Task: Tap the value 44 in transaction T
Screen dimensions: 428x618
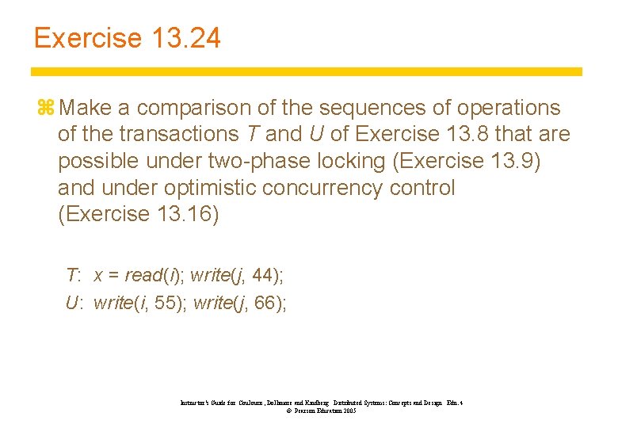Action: pyautogui.click(x=265, y=276)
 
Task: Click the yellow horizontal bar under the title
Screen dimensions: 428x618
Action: pyautogui.click(x=307, y=71)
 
